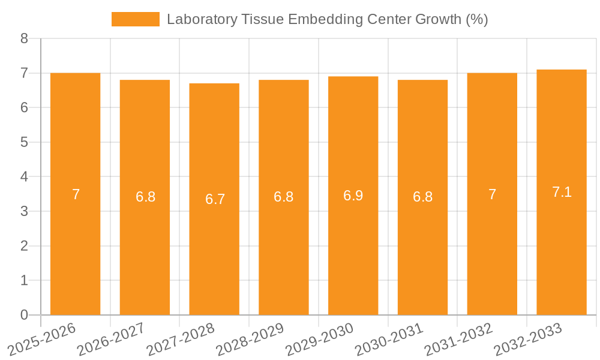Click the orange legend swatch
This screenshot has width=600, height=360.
[135, 19]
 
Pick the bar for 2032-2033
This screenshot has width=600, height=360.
[562, 252]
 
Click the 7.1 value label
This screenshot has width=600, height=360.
[562, 192]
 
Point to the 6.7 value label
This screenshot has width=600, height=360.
[215, 199]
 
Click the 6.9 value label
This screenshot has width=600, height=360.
[353, 196]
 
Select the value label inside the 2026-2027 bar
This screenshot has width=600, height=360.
[145, 197]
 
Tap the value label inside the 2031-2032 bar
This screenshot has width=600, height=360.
[492, 194]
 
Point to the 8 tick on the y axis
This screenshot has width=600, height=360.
[24, 38]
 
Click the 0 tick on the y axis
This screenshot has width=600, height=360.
[24, 315]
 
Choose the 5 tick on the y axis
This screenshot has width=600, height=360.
[24, 142]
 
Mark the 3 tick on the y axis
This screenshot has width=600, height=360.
[24, 211]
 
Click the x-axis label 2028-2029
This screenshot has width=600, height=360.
[250, 339]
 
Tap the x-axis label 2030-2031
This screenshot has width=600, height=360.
[389, 339]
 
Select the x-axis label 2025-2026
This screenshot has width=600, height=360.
[41, 339]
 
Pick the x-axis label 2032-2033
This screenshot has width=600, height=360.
[527, 339]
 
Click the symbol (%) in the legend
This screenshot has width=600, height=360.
[477, 19]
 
